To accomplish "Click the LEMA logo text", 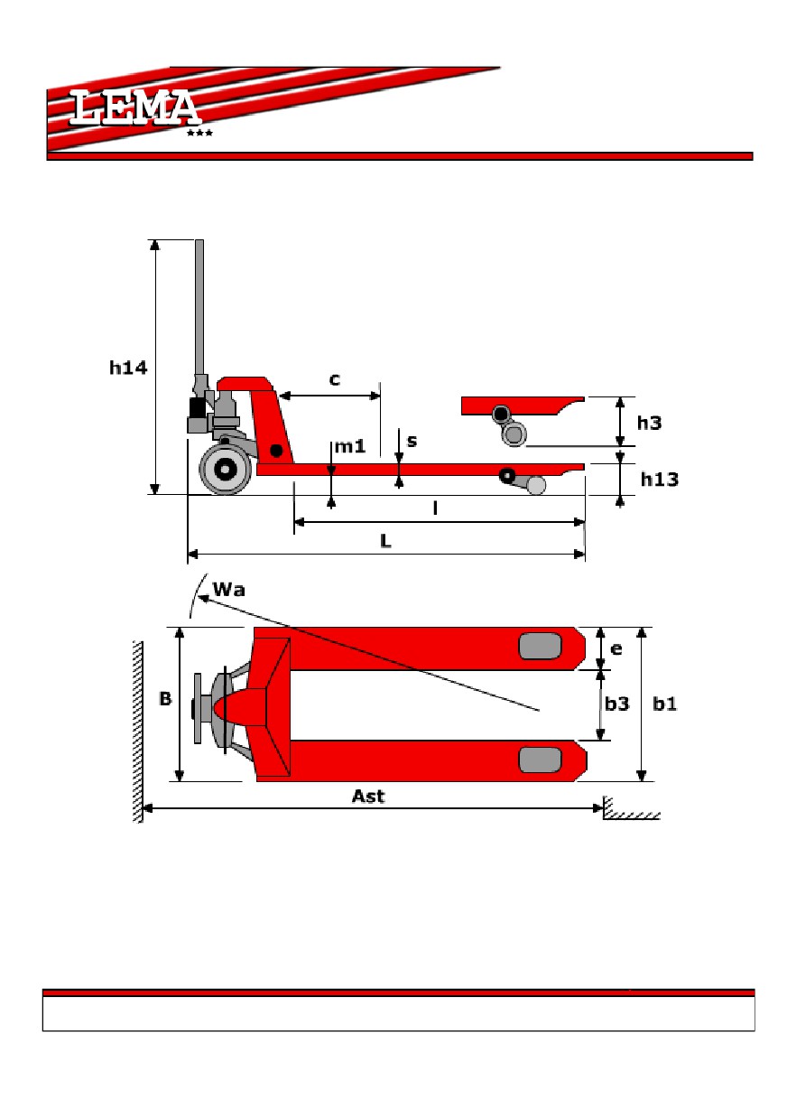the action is pos(134,107).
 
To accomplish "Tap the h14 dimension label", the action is pos(128,368).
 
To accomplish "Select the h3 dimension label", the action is pos(649,423).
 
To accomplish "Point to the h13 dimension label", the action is pos(660,480).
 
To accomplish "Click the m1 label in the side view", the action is pos(350,445).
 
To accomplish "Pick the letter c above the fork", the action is pos(335,379).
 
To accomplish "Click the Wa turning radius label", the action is pos(228,590).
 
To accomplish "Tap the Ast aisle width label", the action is pos(368,796).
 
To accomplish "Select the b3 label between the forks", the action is pos(616,704).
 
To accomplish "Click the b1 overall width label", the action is pos(664,704).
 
